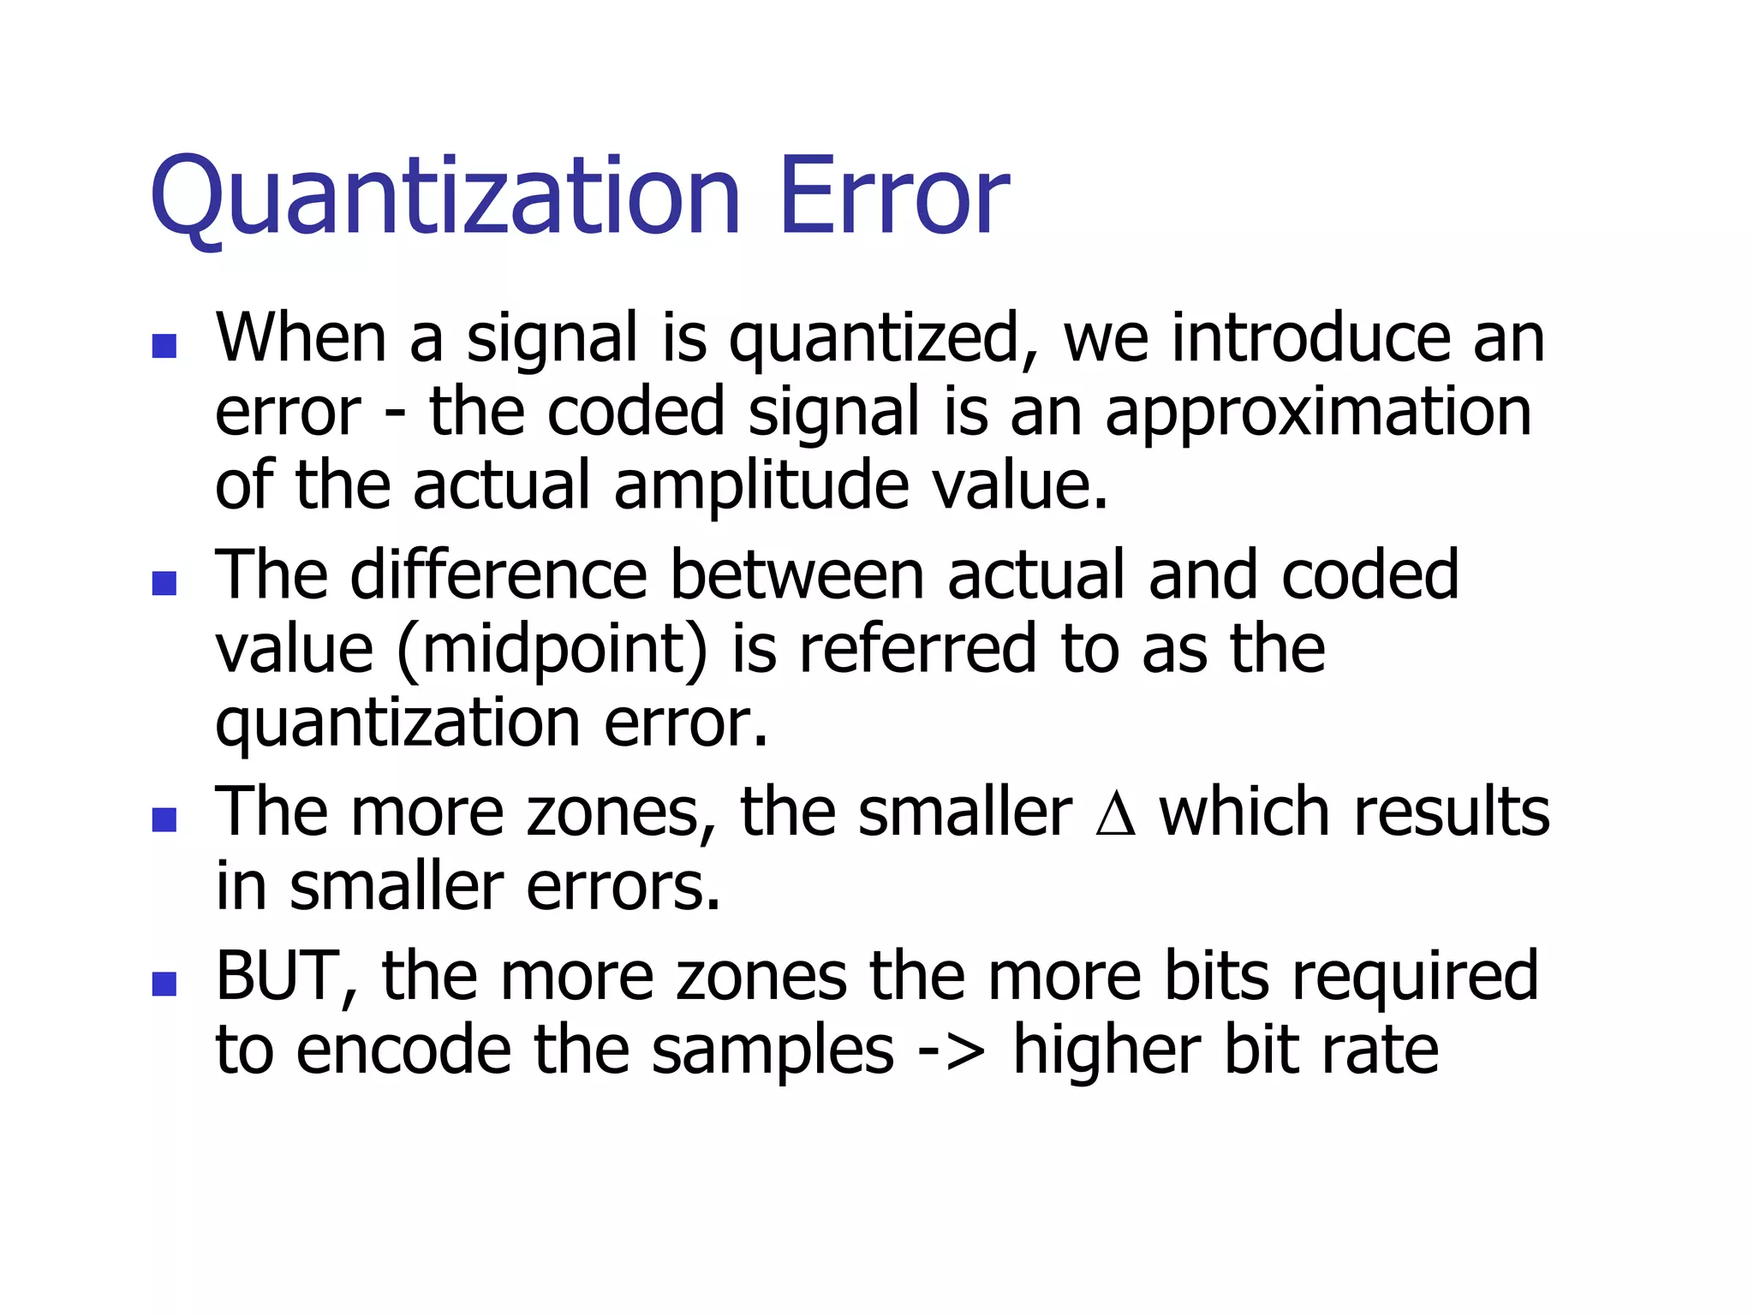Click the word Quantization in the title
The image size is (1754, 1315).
444,197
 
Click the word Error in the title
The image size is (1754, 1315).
894,197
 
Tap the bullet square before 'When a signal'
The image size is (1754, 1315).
164,346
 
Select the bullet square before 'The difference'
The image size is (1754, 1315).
164,583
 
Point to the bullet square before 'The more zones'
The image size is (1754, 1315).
164,820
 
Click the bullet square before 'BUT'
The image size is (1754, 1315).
164,984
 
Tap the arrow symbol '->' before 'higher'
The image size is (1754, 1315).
951,1051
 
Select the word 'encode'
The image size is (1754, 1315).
403,1051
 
